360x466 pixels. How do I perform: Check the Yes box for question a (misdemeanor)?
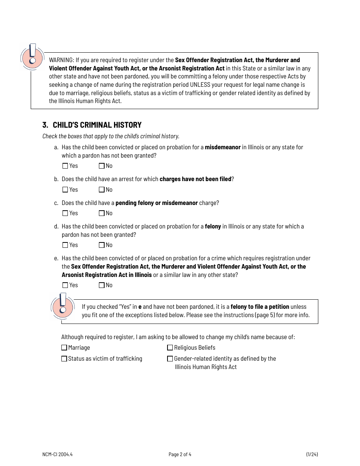pos(65,166)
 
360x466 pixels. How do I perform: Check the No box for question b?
pos(102,190)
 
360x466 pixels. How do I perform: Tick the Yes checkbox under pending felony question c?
pos(65,213)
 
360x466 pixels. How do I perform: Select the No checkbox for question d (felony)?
pos(102,245)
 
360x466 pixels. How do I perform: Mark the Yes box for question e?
pos(65,285)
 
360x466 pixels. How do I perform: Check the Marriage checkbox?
pos(64,348)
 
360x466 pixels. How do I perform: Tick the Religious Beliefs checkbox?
pos(170,348)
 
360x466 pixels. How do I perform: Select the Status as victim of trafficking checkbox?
pos(64,359)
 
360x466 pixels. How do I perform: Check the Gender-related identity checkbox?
pos(170,359)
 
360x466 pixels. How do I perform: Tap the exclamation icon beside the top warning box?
pos(32,56)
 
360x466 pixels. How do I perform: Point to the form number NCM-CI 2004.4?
pos(57,454)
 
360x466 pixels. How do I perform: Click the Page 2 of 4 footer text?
pos(180,454)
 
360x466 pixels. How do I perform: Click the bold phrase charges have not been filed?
pos(195,179)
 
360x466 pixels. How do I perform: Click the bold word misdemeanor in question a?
pos(223,147)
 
